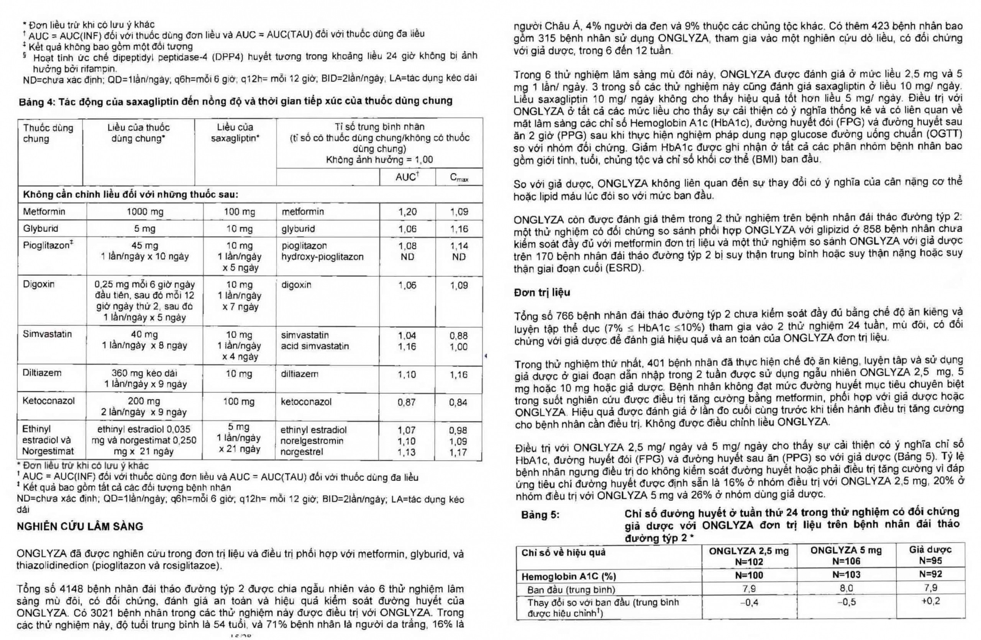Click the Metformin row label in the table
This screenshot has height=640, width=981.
click(x=44, y=212)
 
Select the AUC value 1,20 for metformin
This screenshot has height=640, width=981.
click(x=407, y=212)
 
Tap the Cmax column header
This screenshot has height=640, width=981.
click(x=459, y=178)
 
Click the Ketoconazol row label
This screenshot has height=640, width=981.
click(x=48, y=401)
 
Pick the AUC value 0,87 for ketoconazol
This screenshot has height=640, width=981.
click(x=407, y=402)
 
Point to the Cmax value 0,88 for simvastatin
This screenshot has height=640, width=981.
click(x=458, y=336)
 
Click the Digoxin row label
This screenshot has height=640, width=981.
click(x=39, y=284)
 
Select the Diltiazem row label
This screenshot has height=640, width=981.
click(x=42, y=373)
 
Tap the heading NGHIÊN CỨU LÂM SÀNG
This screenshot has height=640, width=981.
click(x=80, y=526)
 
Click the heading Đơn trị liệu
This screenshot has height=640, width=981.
click(x=541, y=292)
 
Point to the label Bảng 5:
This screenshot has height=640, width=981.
click(x=540, y=515)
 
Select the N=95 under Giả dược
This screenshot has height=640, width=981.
click(x=930, y=560)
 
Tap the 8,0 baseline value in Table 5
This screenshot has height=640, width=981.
click(x=846, y=589)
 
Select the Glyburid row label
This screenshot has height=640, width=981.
click(x=40, y=229)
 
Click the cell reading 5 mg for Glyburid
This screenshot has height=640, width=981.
click(x=144, y=229)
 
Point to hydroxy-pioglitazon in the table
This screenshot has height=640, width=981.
click(x=322, y=257)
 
